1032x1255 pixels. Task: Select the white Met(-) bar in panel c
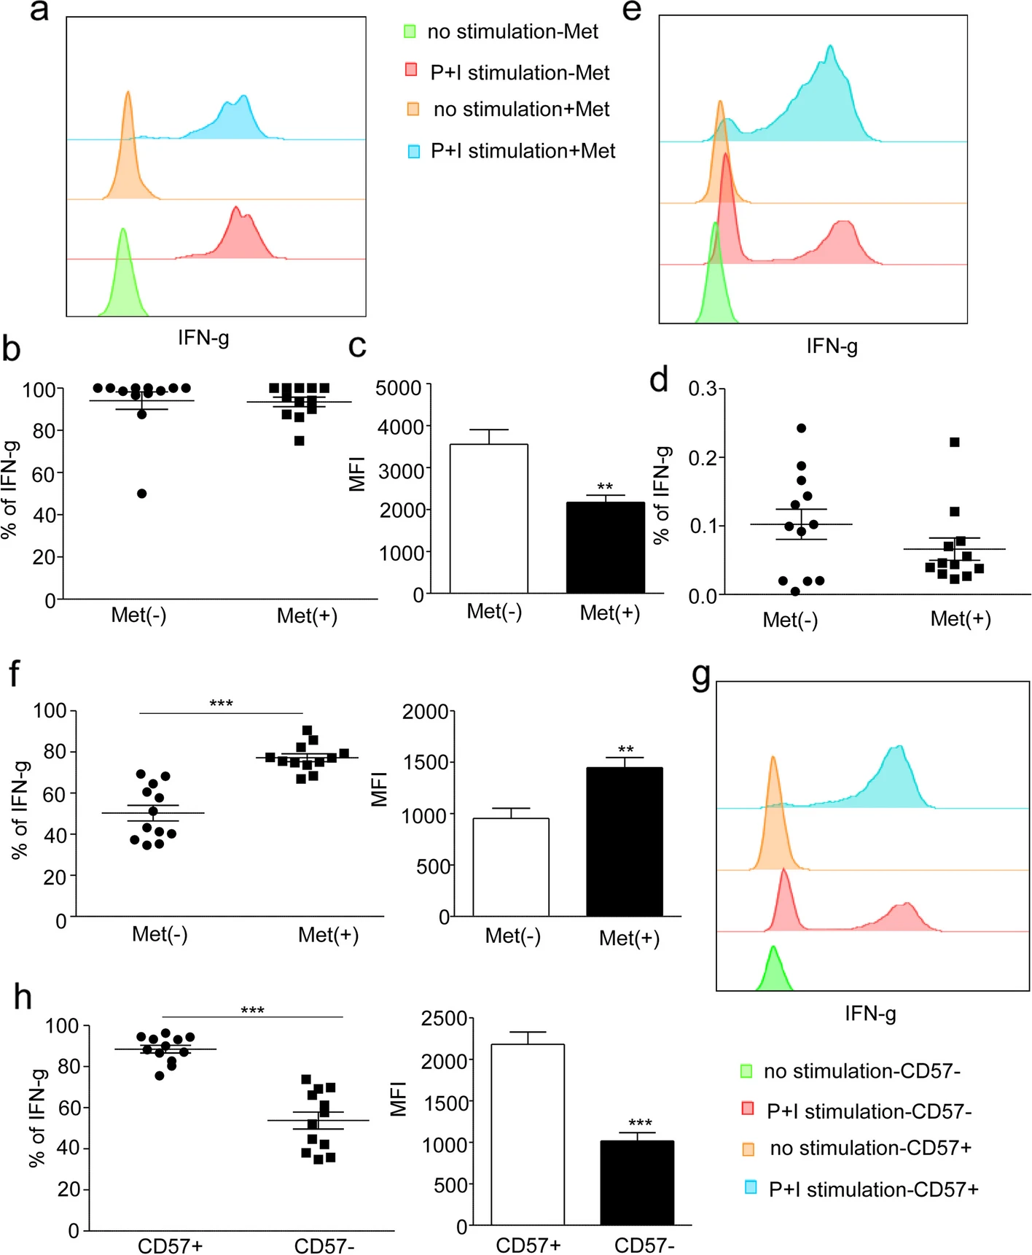488,518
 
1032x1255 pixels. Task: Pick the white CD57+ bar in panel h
527,1135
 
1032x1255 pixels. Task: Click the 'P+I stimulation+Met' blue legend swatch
414,152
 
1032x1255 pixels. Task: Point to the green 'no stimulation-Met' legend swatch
410,31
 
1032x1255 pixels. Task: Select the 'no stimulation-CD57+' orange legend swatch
748,1149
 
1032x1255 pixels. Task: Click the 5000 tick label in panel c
398,388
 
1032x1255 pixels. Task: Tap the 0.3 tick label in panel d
703,389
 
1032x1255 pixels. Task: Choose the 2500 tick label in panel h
443,1019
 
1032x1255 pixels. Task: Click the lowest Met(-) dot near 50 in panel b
142,494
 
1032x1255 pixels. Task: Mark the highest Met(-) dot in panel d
802,428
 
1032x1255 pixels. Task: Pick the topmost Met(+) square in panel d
955,442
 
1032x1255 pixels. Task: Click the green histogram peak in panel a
123,230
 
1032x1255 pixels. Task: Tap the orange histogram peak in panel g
773,758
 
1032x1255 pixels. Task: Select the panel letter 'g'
700,676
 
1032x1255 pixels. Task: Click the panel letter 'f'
14,675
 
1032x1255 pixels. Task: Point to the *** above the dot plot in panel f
221,704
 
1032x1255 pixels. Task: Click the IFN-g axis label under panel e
832,346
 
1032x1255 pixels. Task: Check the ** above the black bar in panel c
605,486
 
